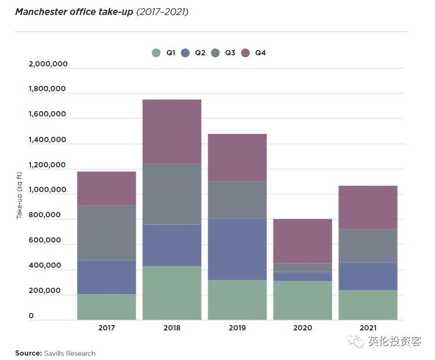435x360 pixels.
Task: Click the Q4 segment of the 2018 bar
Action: pos(172,131)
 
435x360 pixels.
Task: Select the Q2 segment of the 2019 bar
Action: pos(237,249)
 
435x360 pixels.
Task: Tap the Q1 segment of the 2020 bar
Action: pos(303,300)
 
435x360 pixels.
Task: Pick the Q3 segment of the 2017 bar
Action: pos(106,233)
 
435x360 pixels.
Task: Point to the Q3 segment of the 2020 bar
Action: pos(303,267)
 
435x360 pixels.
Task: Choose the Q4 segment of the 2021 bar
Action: pos(368,207)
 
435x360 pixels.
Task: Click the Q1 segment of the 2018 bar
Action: pos(172,293)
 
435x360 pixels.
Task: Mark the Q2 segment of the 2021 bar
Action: pos(368,277)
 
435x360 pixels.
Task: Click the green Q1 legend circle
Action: pos(156,53)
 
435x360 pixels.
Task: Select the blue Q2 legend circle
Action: pos(185,53)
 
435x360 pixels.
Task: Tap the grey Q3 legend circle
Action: pos(215,53)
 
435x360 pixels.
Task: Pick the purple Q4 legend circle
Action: pos(245,53)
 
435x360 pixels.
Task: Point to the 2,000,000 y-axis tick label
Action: pos(48,64)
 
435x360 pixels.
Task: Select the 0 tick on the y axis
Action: pos(32,316)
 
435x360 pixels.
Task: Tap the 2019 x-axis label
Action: pos(237,328)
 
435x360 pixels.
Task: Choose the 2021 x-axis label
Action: pos(368,328)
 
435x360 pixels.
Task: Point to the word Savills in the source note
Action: pos(57,353)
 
